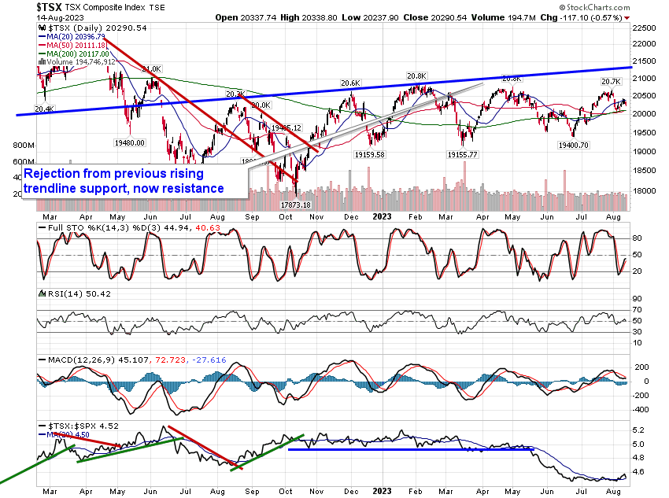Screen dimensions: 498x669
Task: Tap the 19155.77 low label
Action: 463,155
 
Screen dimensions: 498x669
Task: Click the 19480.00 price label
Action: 131,142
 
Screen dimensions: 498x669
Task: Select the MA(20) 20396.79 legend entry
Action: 72,35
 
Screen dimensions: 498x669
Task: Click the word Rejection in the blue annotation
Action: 57,173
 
